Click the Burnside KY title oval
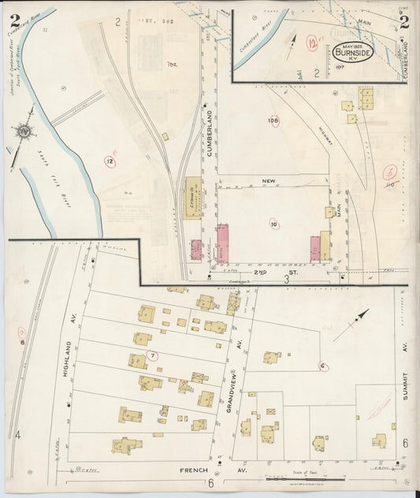click(354, 53)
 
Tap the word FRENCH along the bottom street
click(193, 470)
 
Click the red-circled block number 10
click(273, 224)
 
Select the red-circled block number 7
click(153, 355)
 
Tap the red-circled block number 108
click(273, 121)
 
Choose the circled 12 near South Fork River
click(109, 162)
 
